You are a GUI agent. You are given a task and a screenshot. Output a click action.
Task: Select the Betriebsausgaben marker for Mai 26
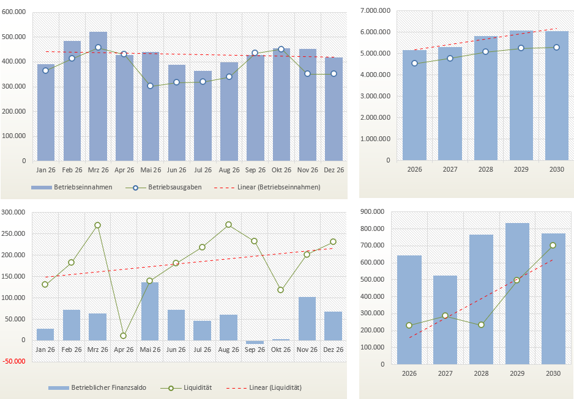click(x=150, y=86)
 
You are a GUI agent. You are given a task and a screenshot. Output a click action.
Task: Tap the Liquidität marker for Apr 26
click(x=124, y=335)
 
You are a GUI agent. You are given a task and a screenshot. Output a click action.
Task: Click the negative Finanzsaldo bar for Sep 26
click(x=255, y=342)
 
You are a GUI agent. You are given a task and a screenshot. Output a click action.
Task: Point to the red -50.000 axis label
click(x=15, y=361)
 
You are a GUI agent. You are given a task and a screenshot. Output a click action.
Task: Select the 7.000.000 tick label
click(x=375, y=11)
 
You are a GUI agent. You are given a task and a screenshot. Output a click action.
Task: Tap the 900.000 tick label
click(x=373, y=212)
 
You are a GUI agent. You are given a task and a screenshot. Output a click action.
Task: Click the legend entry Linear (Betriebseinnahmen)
click(x=278, y=187)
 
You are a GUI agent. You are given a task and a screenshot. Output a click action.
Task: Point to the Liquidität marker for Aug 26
click(x=228, y=224)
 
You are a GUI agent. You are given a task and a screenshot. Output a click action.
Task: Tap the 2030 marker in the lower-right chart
click(x=553, y=245)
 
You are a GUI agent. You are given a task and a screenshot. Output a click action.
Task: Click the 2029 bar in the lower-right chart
click(x=517, y=293)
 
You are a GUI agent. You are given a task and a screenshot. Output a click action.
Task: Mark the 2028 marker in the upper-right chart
click(x=485, y=52)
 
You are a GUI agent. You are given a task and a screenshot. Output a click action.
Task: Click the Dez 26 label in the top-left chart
click(x=334, y=170)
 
